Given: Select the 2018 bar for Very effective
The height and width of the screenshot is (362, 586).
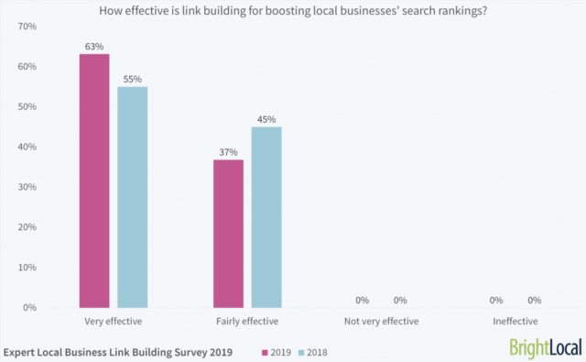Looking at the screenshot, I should coord(133,197).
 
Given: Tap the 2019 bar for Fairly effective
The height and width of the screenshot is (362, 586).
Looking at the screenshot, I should coord(228,234).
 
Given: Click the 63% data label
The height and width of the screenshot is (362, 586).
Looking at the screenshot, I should coord(94,46).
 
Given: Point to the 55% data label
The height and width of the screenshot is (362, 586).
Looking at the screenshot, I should coord(133,79).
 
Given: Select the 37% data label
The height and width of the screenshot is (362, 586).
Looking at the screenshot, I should coord(228,151).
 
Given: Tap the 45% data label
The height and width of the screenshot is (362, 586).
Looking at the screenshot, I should coord(266,118).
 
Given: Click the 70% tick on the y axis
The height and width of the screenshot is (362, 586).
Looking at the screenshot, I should coord(25,27).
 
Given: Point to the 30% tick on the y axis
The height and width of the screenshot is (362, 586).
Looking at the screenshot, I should coord(25,187).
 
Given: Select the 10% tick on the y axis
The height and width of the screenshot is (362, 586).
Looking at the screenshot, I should coord(25,267).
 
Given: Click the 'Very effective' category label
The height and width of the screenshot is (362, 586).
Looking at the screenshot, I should coord(114,322).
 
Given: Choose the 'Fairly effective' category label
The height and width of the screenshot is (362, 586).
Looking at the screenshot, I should coord(247,322).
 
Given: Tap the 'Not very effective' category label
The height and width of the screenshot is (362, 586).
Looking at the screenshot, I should coord(381,322).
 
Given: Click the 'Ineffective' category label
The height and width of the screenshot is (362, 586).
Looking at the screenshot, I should coord(515,322).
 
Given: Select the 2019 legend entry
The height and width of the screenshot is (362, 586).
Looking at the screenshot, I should coord(278,351).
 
